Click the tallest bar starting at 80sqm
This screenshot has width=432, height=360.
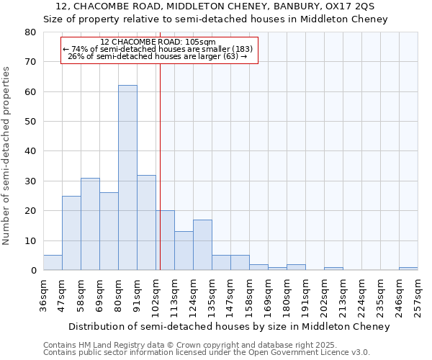pos(127,178)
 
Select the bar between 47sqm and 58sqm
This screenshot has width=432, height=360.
pos(71,233)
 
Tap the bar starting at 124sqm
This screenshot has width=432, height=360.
pos(202,245)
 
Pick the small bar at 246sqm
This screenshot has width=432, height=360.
pos(408,269)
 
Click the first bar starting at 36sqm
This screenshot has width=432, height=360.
pos(53,263)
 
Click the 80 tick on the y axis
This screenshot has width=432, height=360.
pos(30,32)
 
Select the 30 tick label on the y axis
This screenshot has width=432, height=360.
pos(30,181)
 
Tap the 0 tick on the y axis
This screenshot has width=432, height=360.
pos(33,271)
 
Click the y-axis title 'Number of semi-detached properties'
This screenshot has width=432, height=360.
pos(7,156)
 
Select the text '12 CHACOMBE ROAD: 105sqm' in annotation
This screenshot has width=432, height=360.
pos(158,42)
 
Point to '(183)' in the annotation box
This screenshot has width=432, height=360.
pos(239,49)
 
